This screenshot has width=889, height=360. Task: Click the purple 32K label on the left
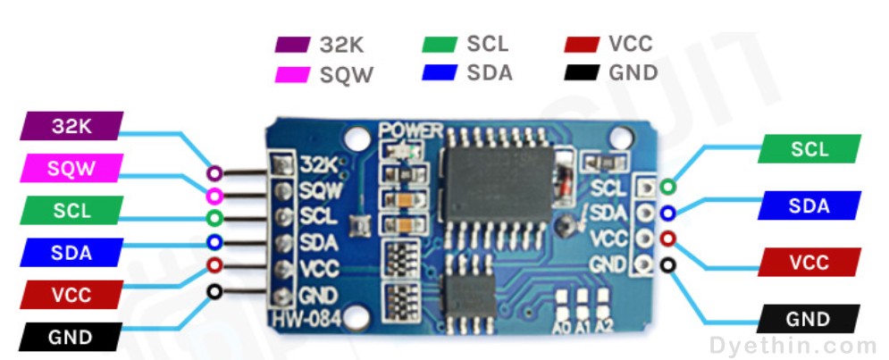71,126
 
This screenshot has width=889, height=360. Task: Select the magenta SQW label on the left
71,168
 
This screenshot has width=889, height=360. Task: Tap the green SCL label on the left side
71,210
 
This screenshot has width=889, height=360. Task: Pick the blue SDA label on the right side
809,205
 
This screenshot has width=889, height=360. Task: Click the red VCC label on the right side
809,262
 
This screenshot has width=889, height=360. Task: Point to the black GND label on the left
71,337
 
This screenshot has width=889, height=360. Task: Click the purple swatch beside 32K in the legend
292,45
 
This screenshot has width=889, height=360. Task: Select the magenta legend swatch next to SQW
292,75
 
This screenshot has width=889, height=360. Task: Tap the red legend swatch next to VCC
582,45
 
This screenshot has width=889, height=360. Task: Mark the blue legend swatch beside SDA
440,72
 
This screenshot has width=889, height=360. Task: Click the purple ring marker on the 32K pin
214,173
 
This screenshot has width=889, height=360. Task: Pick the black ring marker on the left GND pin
214,292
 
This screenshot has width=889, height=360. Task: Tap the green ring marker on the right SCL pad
668,186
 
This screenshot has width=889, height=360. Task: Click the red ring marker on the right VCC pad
668,239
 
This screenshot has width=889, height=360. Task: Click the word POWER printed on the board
411,130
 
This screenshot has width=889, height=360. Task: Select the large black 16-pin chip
499,183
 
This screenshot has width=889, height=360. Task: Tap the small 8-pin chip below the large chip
469,294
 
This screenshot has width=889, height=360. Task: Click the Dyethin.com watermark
793,345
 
